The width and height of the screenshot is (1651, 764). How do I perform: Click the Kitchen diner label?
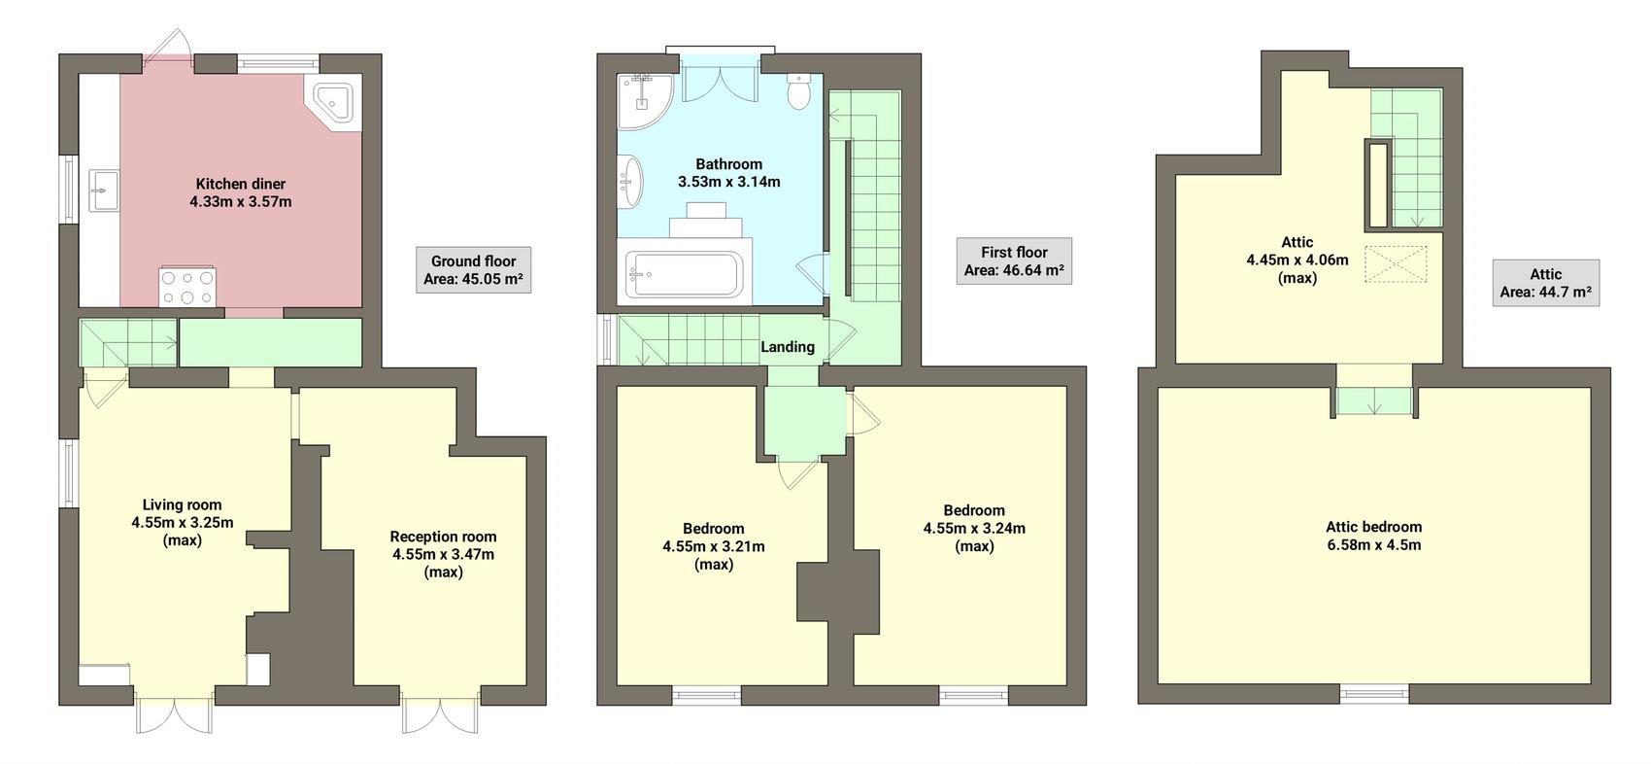(240, 184)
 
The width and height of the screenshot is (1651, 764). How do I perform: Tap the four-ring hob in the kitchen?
(186, 287)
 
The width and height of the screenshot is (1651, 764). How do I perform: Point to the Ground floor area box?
(473, 270)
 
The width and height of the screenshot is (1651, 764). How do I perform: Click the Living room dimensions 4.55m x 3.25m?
(182, 523)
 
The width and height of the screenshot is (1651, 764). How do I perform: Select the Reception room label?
(443, 537)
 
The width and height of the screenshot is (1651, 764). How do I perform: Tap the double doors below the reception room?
(442, 714)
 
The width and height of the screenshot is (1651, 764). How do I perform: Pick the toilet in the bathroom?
(799, 92)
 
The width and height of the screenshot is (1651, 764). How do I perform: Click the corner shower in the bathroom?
(643, 99)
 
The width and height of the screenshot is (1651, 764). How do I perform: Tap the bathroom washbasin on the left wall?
(632, 182)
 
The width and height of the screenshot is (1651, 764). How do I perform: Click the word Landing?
(787, 347)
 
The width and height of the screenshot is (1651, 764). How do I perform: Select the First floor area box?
(1013, 260)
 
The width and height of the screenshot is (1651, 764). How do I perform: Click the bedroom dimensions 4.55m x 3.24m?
(974, 529)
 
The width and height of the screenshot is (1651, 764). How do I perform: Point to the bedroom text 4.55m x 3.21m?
(713, 546)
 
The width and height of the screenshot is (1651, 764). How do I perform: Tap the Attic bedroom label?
(1373, 527)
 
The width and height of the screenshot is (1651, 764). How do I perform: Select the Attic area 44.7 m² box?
(1545, 283)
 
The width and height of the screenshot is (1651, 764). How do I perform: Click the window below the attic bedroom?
(1374, 693)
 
